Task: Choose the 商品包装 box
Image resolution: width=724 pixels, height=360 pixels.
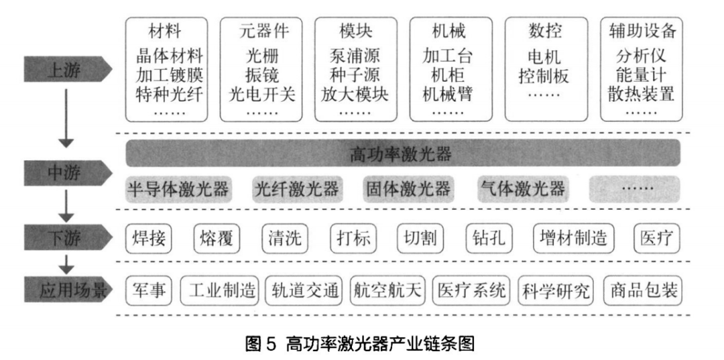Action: click(643, 290)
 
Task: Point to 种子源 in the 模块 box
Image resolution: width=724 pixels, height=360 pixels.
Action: click(357, 74)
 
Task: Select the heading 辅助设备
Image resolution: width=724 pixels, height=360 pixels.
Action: click(642, 30)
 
